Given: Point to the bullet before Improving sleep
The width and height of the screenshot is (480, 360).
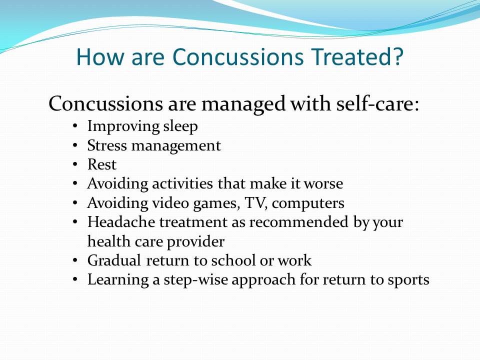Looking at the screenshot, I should (x=75, y=126).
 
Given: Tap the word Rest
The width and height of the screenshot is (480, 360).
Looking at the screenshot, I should (x=101, y=164).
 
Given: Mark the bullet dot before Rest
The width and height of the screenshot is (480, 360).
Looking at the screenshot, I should (x=75, y=164).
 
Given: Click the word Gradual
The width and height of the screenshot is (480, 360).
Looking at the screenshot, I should (x=114, y=260).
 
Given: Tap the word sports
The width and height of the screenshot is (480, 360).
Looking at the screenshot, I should (x=408, y=280).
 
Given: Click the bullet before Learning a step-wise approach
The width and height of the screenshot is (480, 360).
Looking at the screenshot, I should (x=75, y=280).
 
